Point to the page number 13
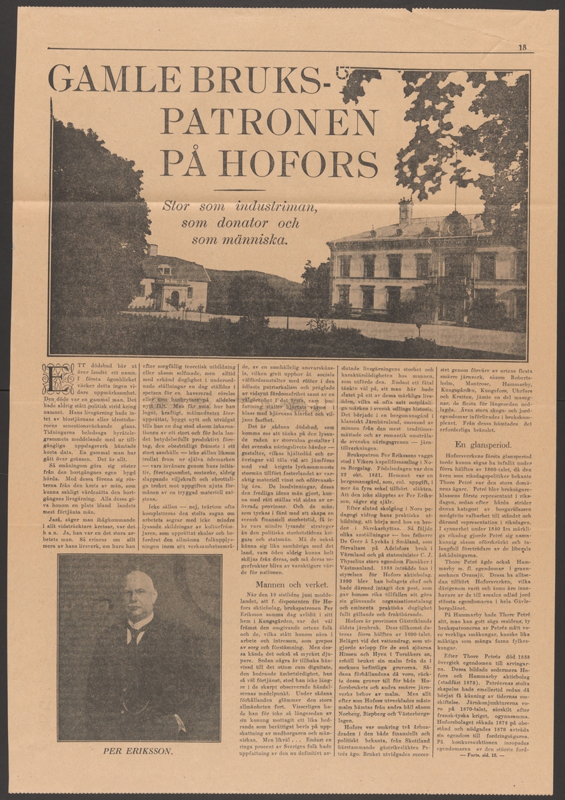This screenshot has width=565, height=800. click(x=522, y=47)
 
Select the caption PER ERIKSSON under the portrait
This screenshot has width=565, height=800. click(x=138, y=750)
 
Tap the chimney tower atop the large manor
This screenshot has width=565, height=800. click(x=405, y=211)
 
